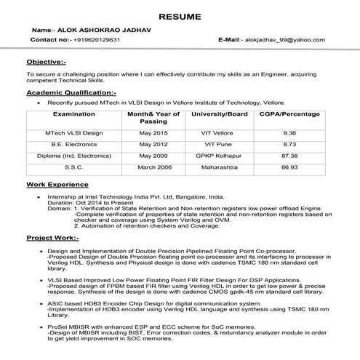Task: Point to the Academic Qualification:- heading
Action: tap(71, 93)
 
